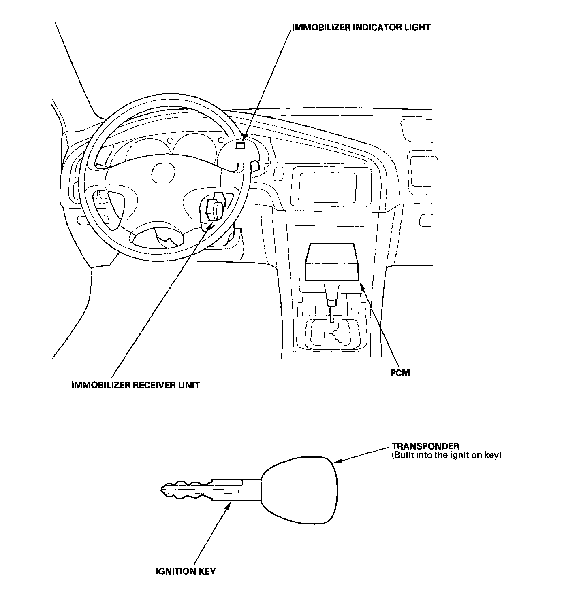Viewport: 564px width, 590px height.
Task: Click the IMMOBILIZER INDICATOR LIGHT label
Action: pos(361,28)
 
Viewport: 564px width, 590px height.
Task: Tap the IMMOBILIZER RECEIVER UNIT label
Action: pos(135,385)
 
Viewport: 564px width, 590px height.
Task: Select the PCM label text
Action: pos(400,373)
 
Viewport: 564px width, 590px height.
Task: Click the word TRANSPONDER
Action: pos(425,446)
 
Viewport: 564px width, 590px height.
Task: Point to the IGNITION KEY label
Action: pos(186,571)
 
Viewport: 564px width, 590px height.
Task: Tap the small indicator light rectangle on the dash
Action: pos(240,146)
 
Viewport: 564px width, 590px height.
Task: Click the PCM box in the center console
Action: pos(331,262)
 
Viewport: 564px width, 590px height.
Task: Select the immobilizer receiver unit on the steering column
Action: pos(215,209)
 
